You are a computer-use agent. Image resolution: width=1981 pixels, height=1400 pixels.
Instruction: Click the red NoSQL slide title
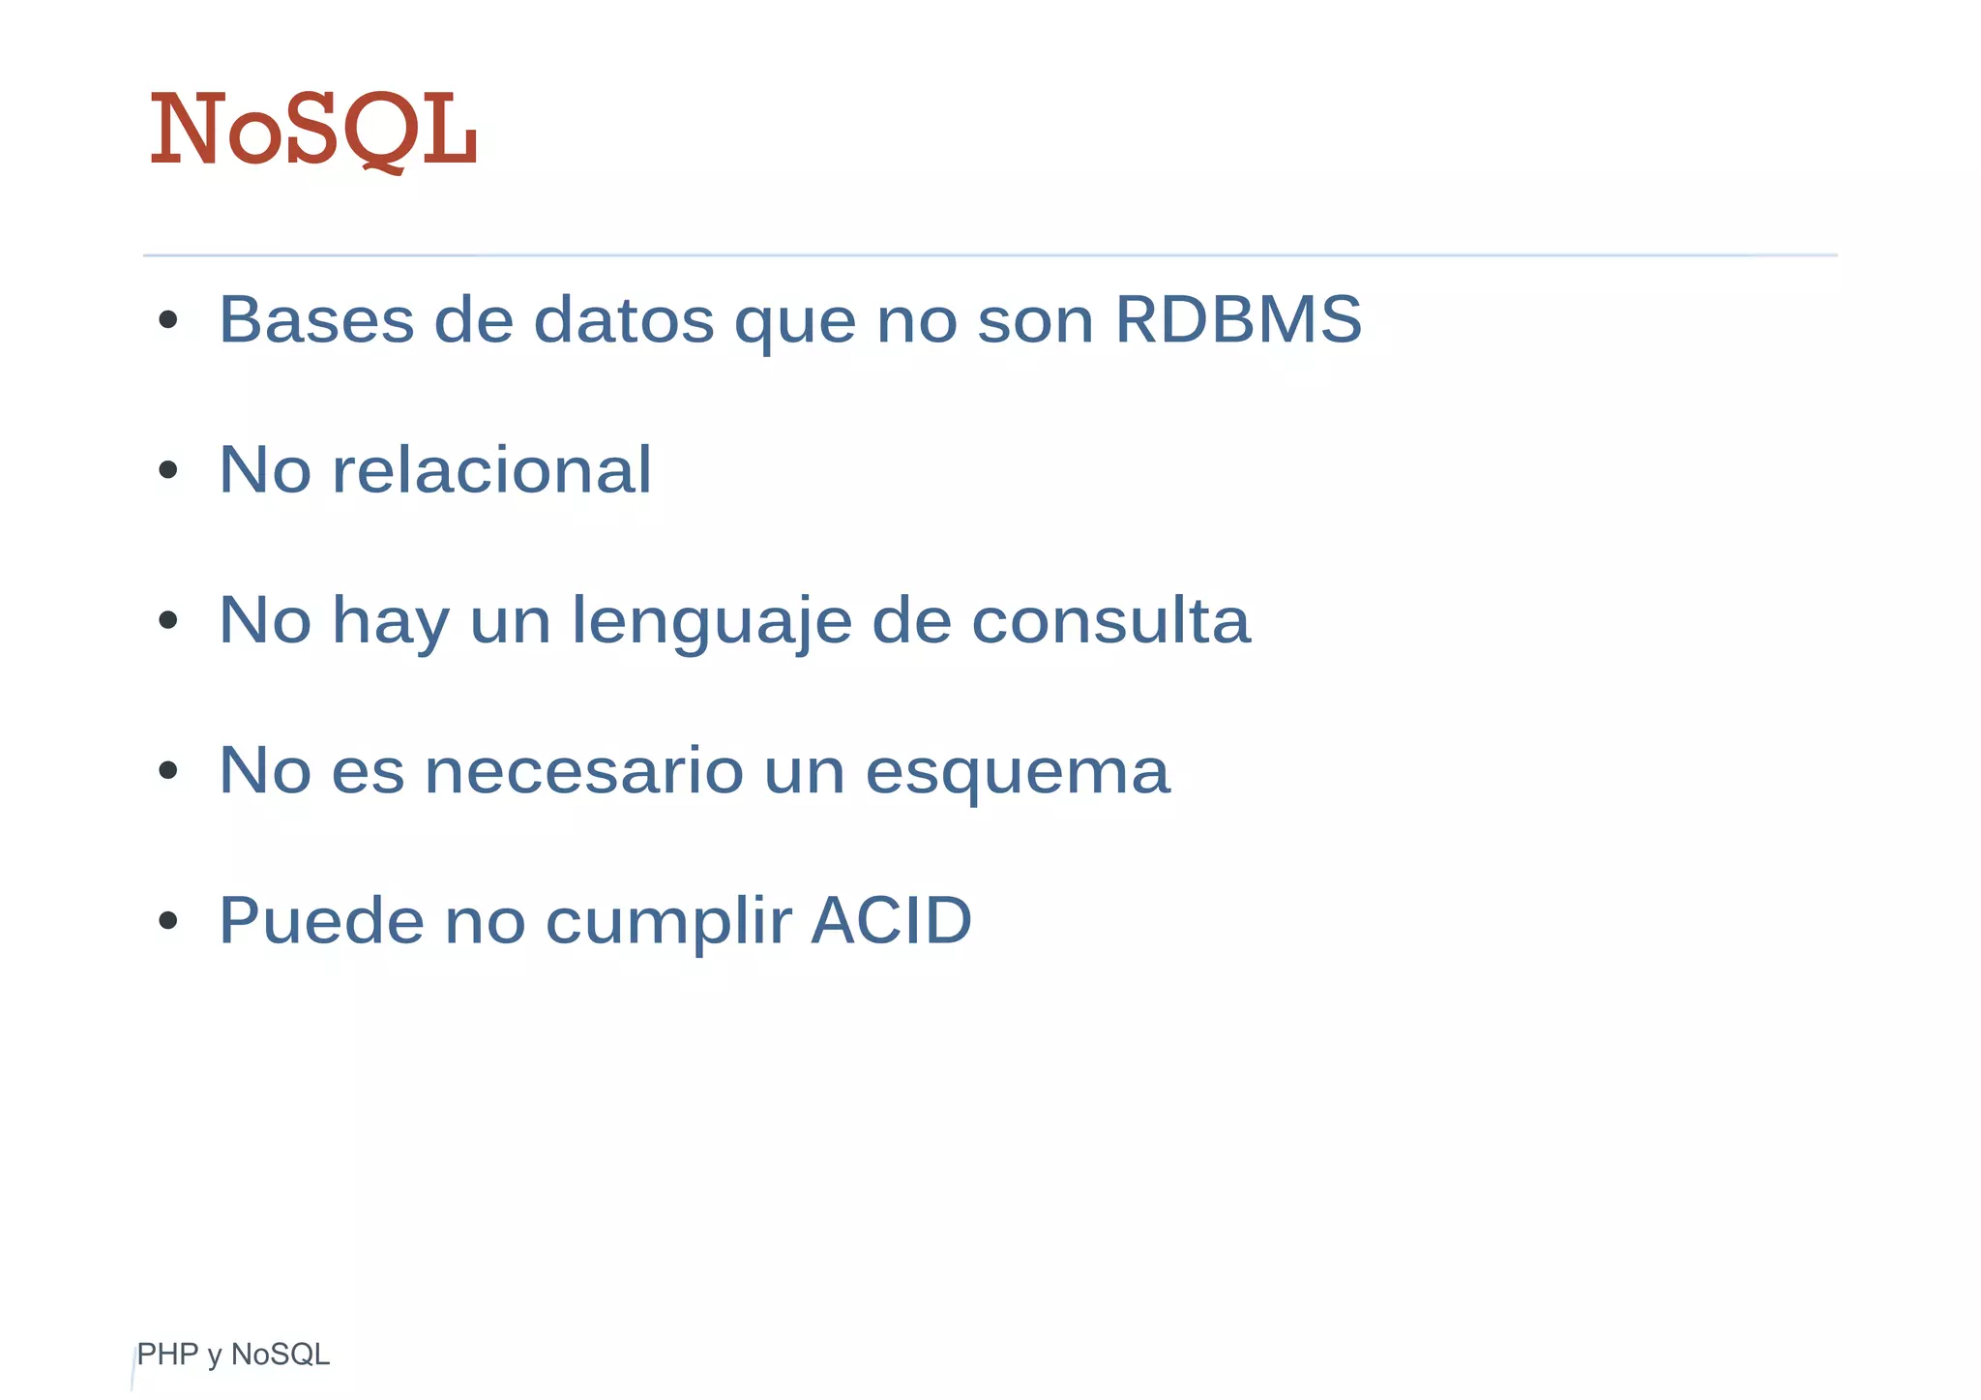(x=313, y=130)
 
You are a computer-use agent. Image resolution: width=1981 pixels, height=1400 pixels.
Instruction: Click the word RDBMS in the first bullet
(x=1238, y=319)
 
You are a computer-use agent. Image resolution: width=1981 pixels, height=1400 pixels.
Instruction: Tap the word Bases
(x=316, y=319)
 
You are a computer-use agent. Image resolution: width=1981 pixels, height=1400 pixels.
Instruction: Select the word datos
(x=624, y=319)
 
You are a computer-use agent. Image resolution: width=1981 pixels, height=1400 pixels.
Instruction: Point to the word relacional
(x=491, y=470)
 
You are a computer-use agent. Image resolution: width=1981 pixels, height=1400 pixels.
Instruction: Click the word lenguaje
(x=711, y=621)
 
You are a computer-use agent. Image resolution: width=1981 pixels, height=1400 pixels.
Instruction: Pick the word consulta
(x=1110, y=620)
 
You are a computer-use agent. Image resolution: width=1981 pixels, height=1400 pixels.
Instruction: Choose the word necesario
(x=583, y=771)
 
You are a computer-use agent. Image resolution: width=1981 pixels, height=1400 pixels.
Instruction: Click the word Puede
(x=321, y=920)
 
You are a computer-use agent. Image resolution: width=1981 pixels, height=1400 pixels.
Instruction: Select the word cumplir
(x=669, y=922)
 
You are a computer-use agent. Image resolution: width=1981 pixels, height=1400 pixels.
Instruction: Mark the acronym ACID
(x=891, y=920)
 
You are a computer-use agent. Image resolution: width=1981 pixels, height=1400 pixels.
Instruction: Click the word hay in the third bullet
(x=391, y=622)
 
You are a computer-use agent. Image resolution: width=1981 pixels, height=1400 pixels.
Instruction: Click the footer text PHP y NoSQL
(x=233, y=1355)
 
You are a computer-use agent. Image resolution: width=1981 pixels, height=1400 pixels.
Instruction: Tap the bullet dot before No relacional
(x=168, y=471)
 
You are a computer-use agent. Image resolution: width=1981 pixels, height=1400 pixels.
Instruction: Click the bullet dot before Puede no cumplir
(x=168, y=921)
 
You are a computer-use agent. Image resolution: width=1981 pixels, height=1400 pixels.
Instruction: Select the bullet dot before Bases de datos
(x=168, y=320)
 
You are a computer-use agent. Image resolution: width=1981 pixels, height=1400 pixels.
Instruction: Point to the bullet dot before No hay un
(x=168, y=621)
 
